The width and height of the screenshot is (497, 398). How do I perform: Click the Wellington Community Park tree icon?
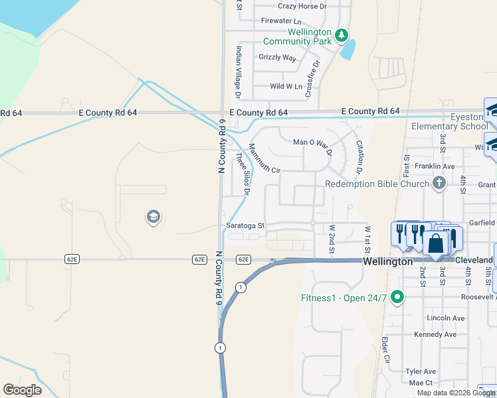[x=341, y=34]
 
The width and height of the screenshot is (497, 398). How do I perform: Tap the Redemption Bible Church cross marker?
[x=438, y=183]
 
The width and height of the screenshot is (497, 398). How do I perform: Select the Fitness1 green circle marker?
[x=397, y=297]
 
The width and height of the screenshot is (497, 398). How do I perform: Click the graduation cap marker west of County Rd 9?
[x=153, y=217]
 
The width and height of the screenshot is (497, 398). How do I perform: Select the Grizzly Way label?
[x=277, y=58]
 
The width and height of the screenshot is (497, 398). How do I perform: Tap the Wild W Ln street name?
[x=286, y=86]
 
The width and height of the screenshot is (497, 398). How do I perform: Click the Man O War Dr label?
[x=312, y=142]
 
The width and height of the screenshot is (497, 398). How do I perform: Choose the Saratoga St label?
[x=246, y=226]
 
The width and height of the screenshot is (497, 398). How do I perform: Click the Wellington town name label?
[x=389, y=262]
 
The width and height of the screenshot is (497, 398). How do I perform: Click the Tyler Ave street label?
[x=421, y=371]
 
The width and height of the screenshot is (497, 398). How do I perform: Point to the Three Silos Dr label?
[x=242, y=174]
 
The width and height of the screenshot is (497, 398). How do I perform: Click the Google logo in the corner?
[x=22, y=390]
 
